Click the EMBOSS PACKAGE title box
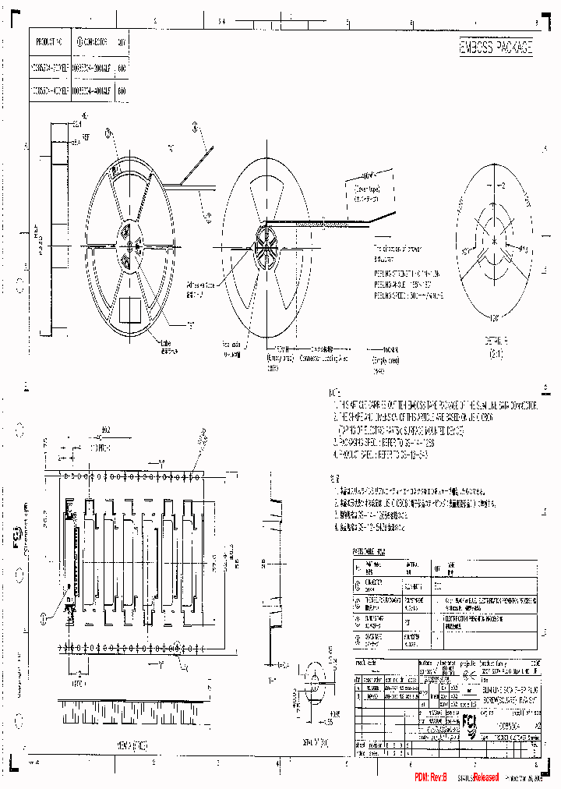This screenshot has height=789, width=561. tap(496, 48)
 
